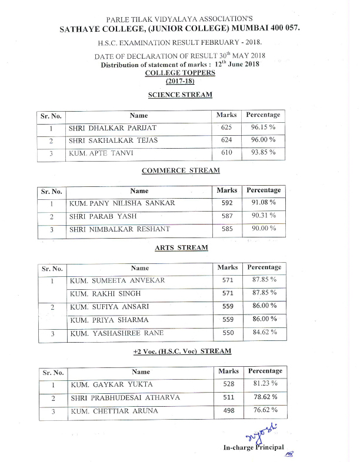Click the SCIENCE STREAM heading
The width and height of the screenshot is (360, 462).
tap(181, 95)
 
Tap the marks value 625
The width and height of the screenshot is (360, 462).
tap(226, 128)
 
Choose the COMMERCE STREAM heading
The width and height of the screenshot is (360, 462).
tap(181, 170)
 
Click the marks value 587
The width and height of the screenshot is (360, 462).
tap(227, 216)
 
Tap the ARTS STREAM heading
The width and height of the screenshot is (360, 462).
tap(181, 247)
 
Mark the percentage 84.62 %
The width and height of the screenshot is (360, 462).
tap(264, 333)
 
